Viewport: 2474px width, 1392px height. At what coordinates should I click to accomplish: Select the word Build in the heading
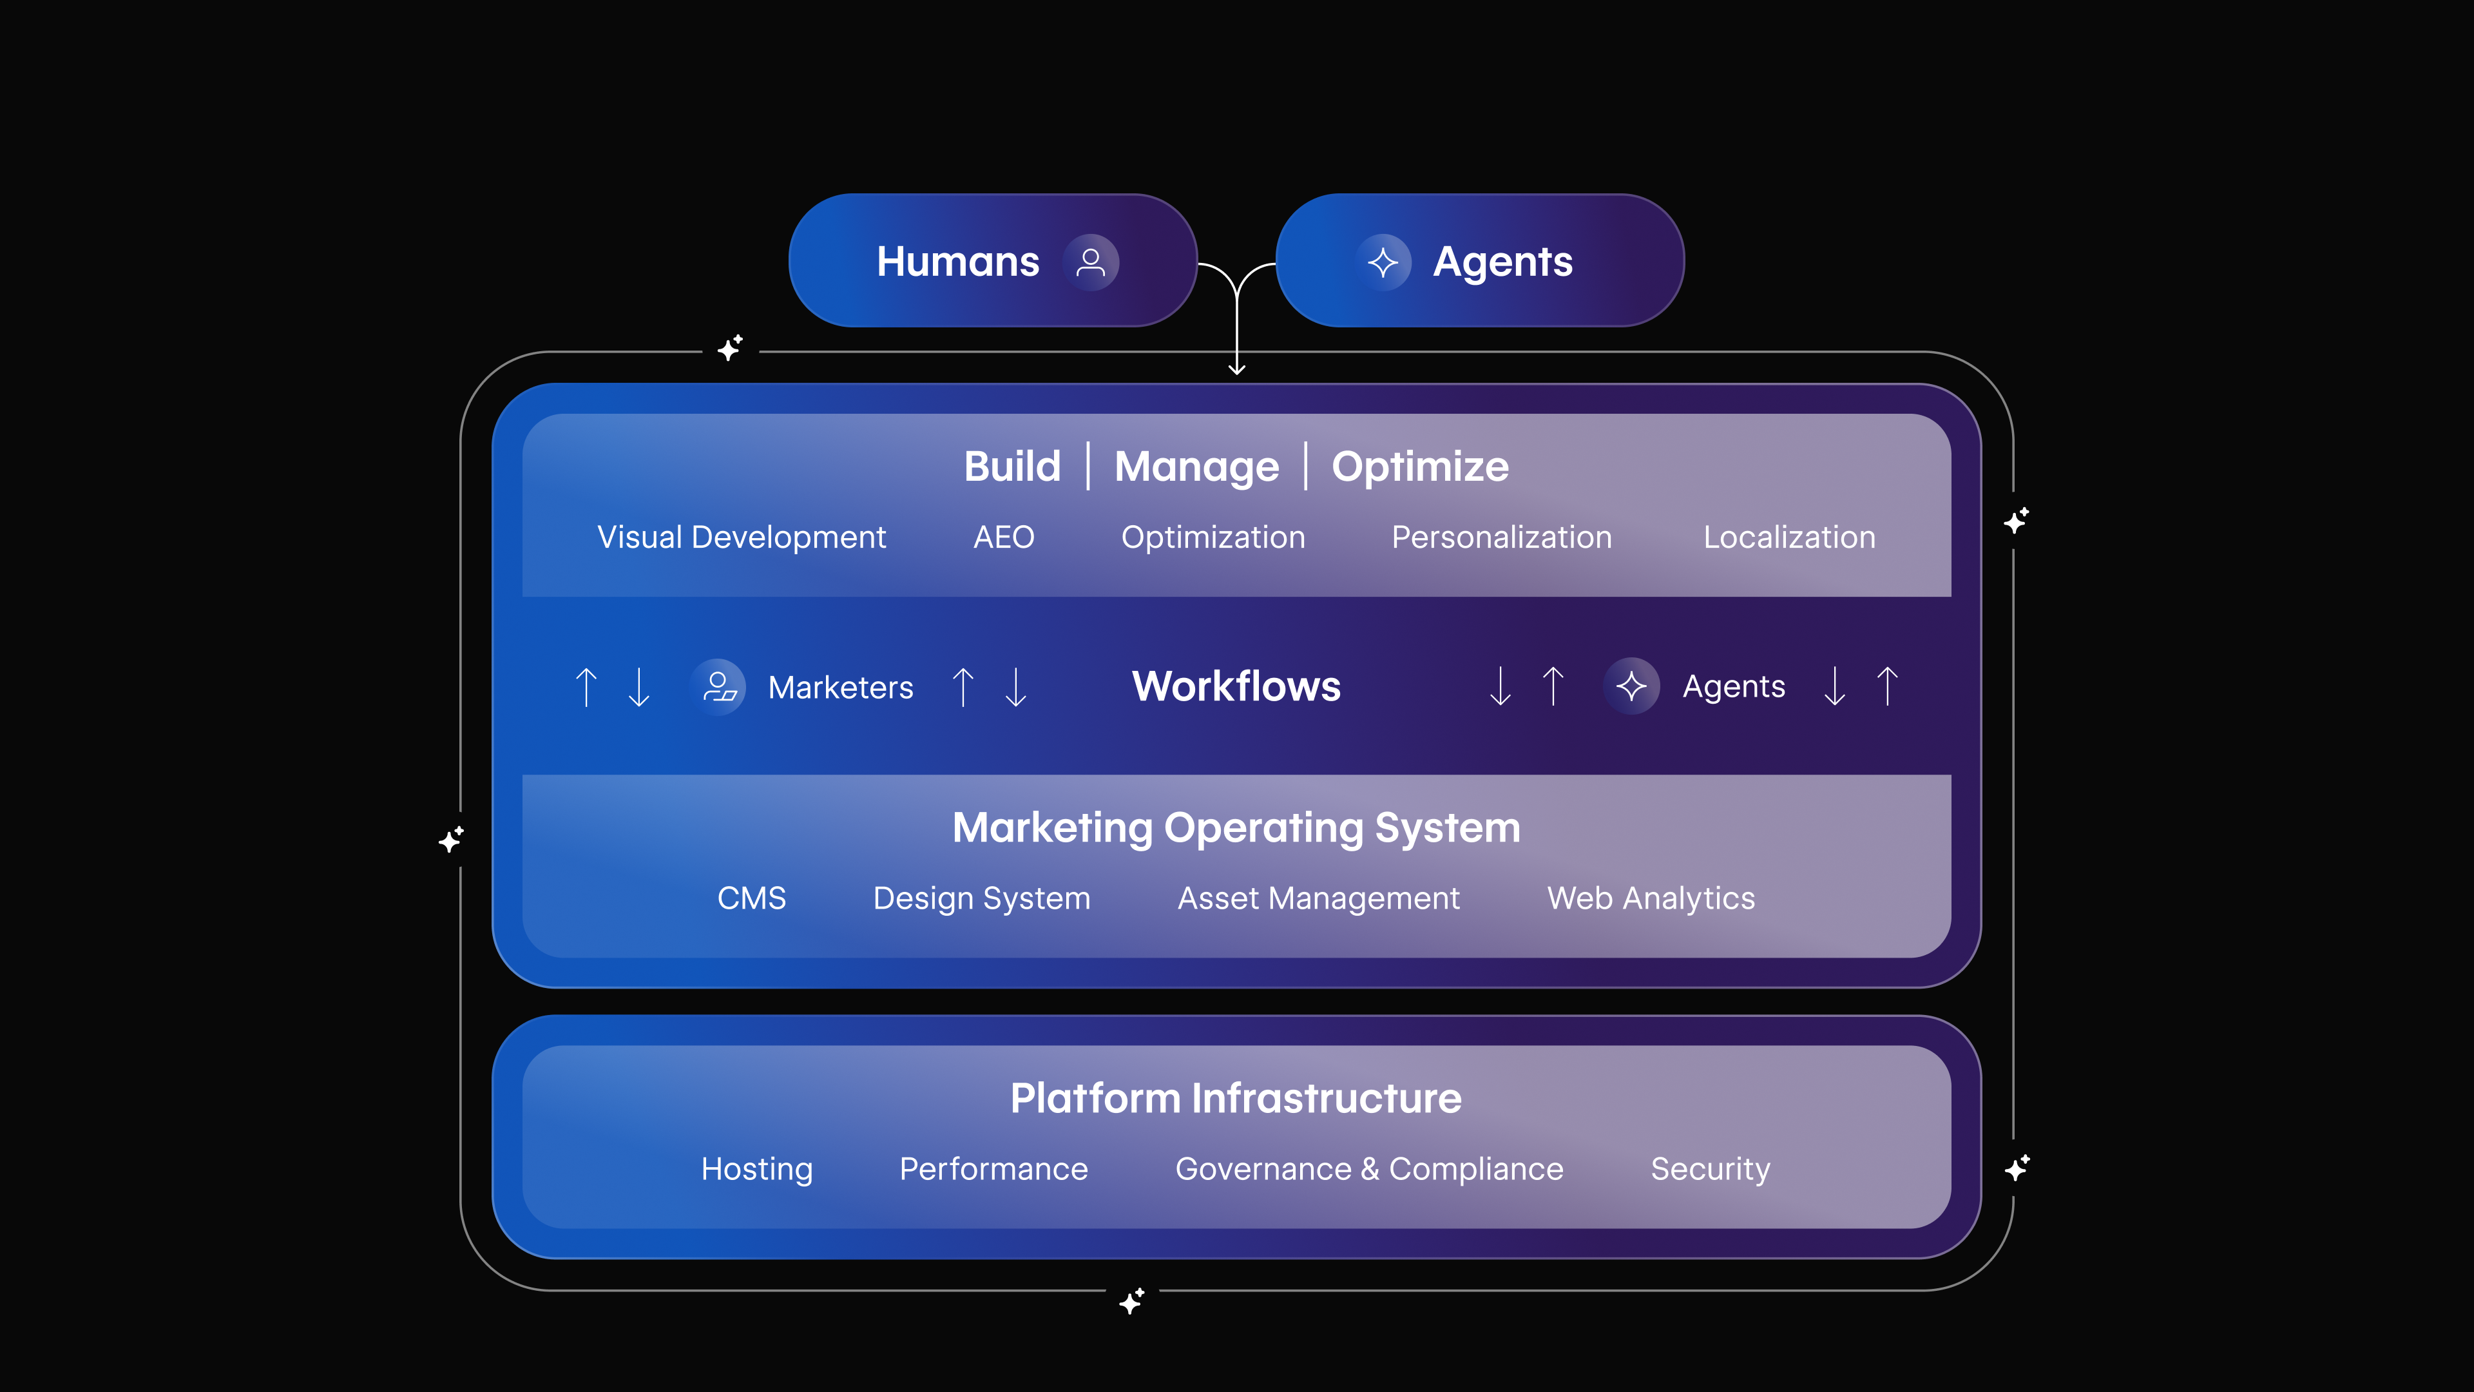1012,467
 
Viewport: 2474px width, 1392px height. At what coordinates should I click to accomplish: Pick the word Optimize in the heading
1419,467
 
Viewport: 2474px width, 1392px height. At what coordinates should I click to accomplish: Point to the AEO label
1004,537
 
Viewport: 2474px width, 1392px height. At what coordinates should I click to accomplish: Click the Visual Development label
742,537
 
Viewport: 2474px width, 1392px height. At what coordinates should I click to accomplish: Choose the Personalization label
1501,537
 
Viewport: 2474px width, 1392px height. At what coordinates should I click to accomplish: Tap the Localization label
1789,537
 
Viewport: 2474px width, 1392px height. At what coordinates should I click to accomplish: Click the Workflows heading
1236,686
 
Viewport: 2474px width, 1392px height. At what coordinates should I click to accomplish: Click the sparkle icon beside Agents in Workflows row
1631,686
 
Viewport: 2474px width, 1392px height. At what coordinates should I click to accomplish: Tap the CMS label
751,898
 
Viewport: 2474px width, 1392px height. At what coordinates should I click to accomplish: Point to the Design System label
981,898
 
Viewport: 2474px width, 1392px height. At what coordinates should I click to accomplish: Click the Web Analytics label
1651,898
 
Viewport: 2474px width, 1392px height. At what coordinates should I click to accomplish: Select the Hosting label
757,1169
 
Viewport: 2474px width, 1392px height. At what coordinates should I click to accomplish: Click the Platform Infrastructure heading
1236,1098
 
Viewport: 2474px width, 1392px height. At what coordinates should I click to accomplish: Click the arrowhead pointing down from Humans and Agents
1237,369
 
